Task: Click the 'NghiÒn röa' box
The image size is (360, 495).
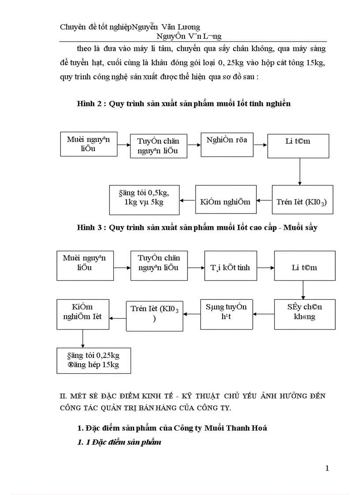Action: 227,144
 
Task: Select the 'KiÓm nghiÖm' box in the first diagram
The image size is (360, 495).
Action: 225,202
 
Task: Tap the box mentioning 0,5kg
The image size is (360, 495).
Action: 144,200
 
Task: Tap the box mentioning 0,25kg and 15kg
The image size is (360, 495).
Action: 94,361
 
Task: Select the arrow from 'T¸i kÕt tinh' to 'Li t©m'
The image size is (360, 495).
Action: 266,268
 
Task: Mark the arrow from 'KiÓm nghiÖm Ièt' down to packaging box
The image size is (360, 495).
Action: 82,339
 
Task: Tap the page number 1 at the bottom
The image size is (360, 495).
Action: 327,468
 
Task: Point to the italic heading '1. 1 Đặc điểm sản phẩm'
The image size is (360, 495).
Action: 119,442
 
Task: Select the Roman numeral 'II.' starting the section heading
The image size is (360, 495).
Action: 63,396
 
